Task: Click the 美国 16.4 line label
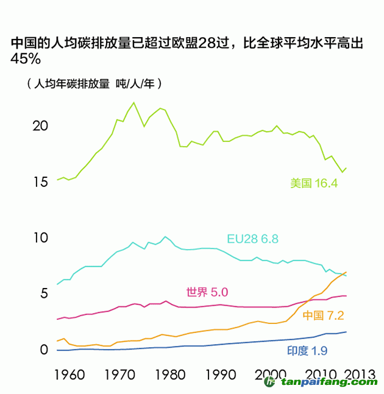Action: point(314,183)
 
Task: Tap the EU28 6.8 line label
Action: point(252,239)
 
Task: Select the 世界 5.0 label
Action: point(207,292)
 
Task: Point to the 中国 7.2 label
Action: point(323,315)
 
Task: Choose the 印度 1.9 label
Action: point(307,351)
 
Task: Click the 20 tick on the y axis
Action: point(39,126)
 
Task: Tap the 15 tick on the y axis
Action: point(39,182)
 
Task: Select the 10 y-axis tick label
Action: point(39,237)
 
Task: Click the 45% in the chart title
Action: point(26,59)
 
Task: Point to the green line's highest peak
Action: point(134,102)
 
